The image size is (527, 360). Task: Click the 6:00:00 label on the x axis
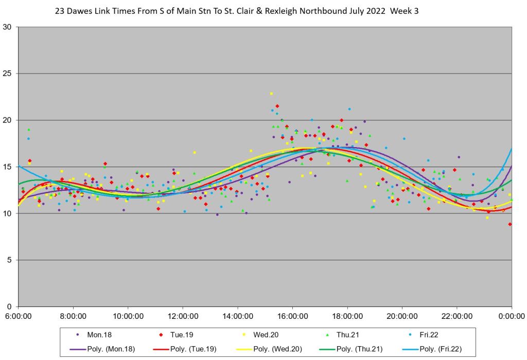pos(18,316)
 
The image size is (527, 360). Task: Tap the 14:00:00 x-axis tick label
pos(237,316)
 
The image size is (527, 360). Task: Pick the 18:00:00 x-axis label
pos(347,316)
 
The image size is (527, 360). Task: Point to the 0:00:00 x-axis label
pos(511,316)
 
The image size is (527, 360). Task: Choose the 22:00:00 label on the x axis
pos(456,316)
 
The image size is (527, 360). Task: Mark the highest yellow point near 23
pos(271,94)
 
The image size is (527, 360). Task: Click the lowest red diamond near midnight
pos(510,224)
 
